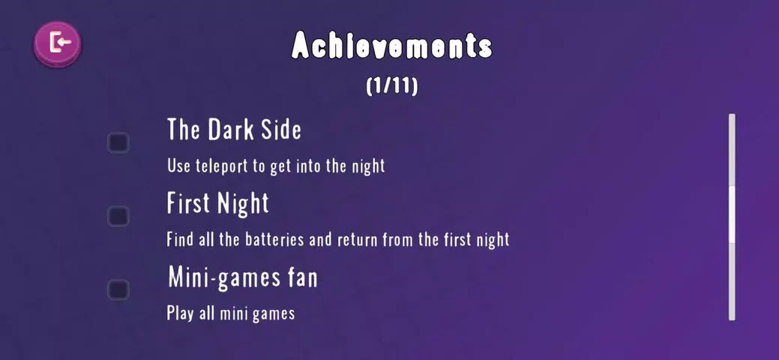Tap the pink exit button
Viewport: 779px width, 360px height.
pos(57,44)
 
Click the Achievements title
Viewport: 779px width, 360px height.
pos(391,46)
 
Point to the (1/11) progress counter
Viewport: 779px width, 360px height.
pos(392,86)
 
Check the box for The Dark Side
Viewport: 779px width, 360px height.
pos(118,142)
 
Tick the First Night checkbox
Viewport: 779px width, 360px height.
pos(118,216)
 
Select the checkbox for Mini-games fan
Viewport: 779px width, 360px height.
pos(118,289)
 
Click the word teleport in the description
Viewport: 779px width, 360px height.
pos(223,166)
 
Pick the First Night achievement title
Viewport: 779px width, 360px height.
pos(217,203)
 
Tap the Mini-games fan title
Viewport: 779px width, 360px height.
pos(242,277)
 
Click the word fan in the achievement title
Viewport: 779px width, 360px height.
pos(303,278)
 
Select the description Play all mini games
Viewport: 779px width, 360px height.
pos(230,313)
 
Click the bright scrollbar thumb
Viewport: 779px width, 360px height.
pos(732,214)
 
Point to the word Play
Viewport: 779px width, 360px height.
pos(180,313)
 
